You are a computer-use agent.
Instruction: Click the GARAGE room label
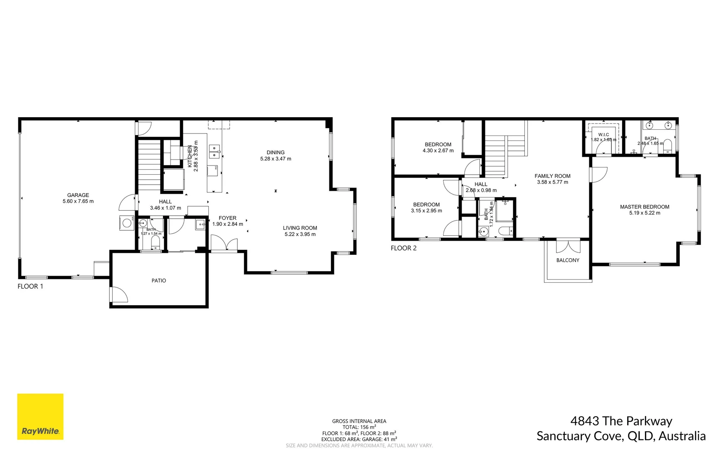78,195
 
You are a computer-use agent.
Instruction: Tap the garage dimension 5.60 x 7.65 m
78,201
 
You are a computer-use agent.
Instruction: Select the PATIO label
158,281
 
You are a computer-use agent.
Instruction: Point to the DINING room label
275,153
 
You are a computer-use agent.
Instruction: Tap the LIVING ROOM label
300,228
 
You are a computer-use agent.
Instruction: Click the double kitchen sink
214,151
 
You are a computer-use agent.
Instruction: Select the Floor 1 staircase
149,165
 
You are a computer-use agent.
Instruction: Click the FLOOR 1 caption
30,286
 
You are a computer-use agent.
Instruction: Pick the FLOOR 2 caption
403,248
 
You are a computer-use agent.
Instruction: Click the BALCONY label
568,260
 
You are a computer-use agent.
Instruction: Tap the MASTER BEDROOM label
644,207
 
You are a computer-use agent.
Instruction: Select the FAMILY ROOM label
552,176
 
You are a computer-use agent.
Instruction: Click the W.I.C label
603,135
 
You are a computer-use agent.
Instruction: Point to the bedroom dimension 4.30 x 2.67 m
438,150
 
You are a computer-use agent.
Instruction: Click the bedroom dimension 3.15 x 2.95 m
426,211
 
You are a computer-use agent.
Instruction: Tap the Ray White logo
40,416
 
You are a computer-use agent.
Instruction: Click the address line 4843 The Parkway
621,421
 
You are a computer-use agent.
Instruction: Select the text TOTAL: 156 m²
359,427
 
